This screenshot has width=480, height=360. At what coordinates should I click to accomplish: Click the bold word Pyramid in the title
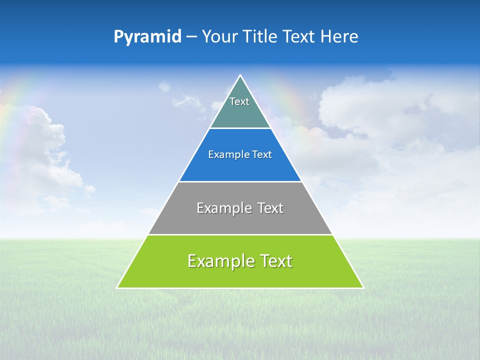(147, 37)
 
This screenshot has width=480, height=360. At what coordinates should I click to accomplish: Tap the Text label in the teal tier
(239, 101)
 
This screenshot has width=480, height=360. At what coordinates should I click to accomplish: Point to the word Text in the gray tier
(270, 208)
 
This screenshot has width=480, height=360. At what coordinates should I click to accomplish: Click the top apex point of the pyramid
(240, 75)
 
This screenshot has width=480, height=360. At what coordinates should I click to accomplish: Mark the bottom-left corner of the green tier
(117, 287)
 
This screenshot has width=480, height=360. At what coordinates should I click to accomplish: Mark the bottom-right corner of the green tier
(363, 287)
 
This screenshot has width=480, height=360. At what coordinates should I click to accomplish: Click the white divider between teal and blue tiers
(240, 128)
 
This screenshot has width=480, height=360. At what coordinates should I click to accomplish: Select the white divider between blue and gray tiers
(240, 181)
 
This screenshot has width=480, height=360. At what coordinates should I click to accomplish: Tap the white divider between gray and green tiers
(240, 234)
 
